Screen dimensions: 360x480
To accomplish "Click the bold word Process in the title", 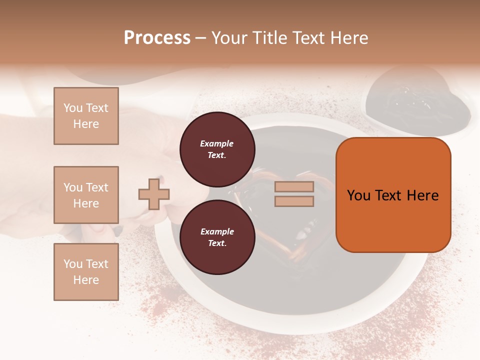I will tap(157, 38).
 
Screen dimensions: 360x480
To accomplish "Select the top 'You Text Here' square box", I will tap(86, 116).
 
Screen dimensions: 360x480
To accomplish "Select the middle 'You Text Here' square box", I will tap(86, 195).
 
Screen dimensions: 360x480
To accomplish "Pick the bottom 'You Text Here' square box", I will tap(86, 272).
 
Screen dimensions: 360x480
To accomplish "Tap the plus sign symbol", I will tap(154, 193).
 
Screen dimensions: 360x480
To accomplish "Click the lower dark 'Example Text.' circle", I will tap(217, 237).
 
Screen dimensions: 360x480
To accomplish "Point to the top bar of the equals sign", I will tap(294, 186).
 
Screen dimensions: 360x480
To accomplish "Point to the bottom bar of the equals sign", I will tap(294, 201).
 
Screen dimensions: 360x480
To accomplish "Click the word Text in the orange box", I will tap(392, 195).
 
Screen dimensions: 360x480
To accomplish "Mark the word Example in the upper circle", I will tap(217, 143).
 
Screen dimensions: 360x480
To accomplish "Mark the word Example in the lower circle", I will tap(217, 231).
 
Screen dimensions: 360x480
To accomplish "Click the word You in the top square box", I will tap(73, 108).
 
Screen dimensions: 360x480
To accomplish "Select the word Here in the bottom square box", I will tap(86, 280).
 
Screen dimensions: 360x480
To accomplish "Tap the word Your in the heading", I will tap(229, 38).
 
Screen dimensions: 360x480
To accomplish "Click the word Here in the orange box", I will tap(423, 195).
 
